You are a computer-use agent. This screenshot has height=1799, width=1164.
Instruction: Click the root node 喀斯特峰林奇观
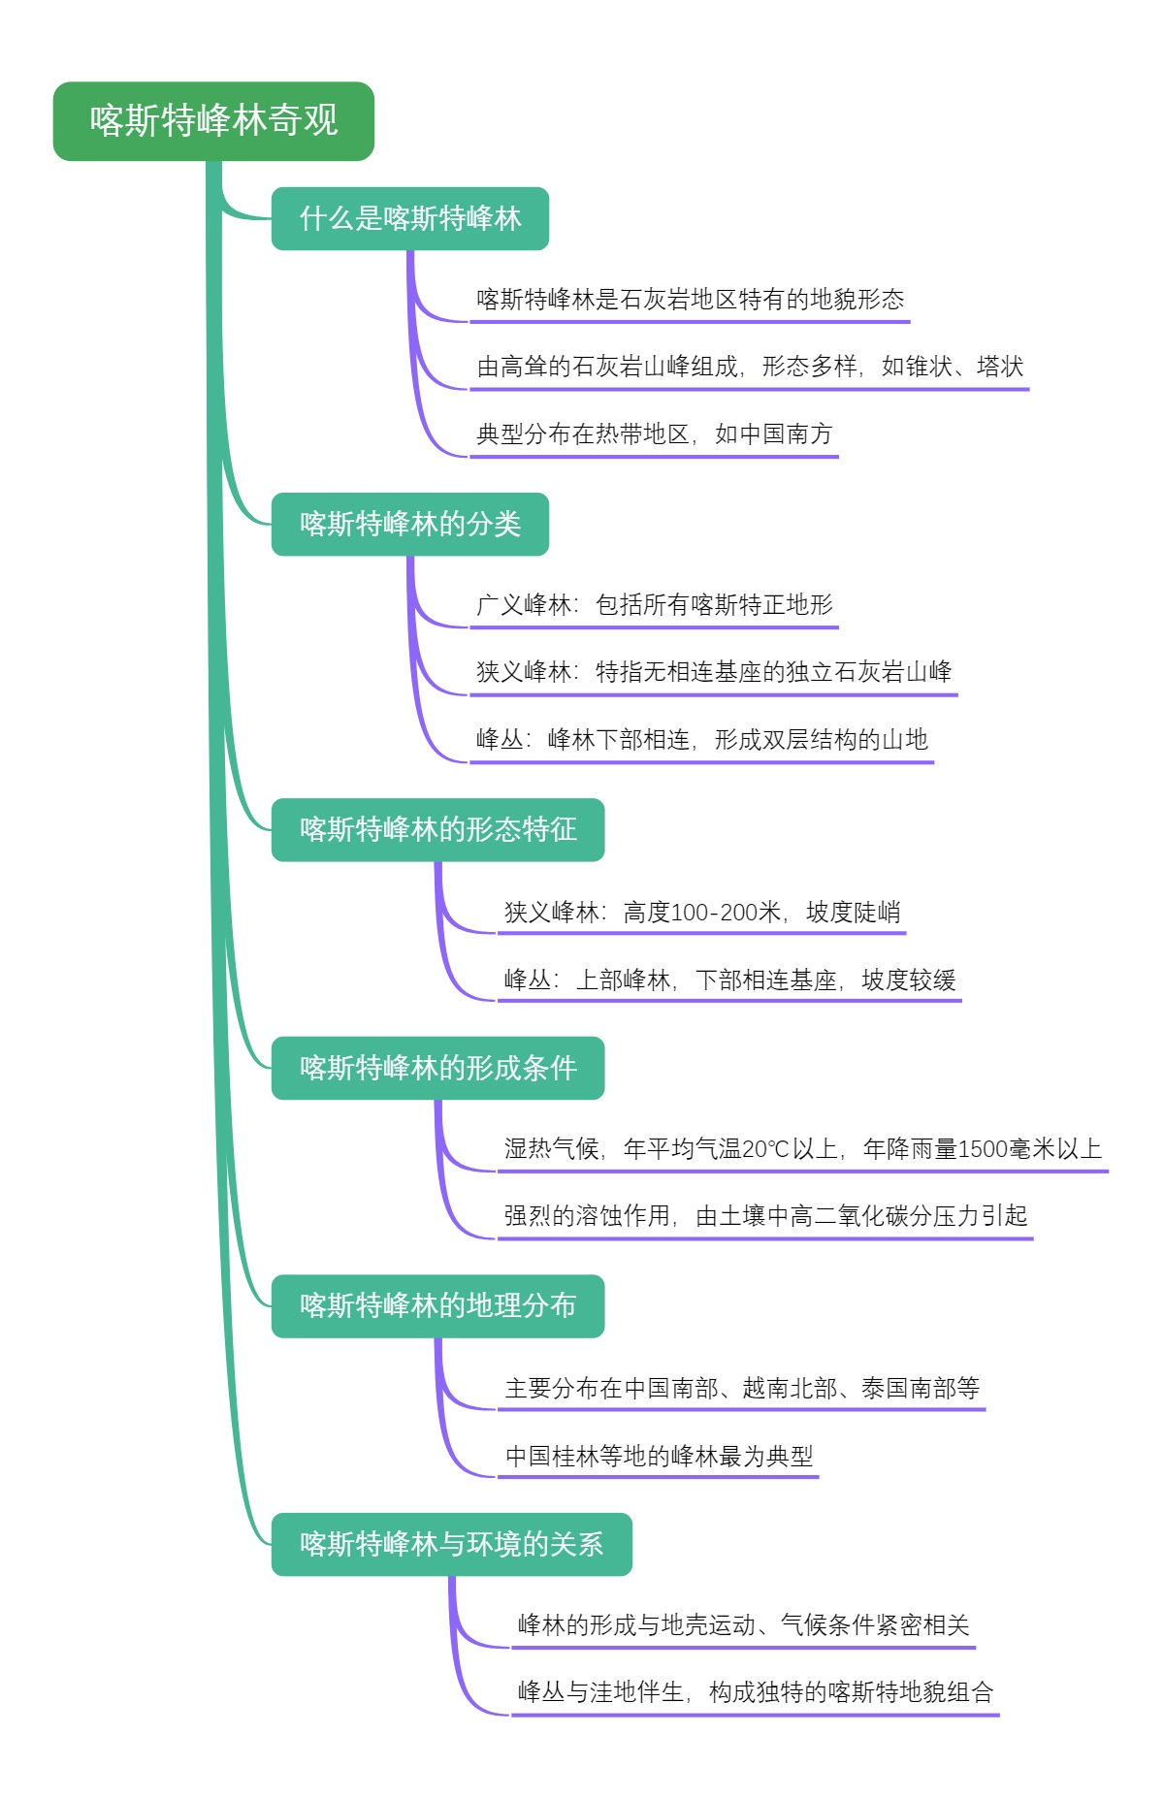coord(213,121)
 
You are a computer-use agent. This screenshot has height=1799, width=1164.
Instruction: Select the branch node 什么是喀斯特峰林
coord(409,218)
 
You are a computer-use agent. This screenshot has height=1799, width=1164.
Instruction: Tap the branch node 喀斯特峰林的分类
coord(409,524)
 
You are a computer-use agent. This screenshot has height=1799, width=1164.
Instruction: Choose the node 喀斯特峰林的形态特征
coord(437,829)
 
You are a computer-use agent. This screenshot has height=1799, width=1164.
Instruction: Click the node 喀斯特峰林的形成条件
coord(437,1068)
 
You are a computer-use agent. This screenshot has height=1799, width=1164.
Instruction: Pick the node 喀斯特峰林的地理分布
coord(437,1305)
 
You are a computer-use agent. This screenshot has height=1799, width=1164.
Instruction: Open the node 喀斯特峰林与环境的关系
coord(451,1544)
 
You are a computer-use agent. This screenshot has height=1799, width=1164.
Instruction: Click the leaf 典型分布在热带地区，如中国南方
coord(654,434)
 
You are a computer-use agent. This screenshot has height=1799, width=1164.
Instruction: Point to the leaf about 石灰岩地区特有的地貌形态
coord(690,300)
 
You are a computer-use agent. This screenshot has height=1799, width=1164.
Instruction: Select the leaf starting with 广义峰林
coord(654,605)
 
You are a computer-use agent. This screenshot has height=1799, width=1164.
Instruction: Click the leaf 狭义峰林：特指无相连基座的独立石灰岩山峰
coord(713,672)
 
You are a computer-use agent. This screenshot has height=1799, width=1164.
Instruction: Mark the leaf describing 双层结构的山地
coord(701,740)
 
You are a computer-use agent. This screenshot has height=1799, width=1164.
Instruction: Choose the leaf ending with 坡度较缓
coord(729,980)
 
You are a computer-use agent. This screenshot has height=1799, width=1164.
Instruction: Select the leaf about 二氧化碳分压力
coord(765,1216)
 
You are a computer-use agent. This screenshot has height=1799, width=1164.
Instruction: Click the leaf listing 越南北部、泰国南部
coord(741,1389)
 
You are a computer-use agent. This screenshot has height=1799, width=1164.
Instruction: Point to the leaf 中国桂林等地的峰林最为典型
coord(659,1457)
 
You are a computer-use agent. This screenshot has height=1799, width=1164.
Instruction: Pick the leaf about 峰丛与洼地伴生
coord(755,1693)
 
